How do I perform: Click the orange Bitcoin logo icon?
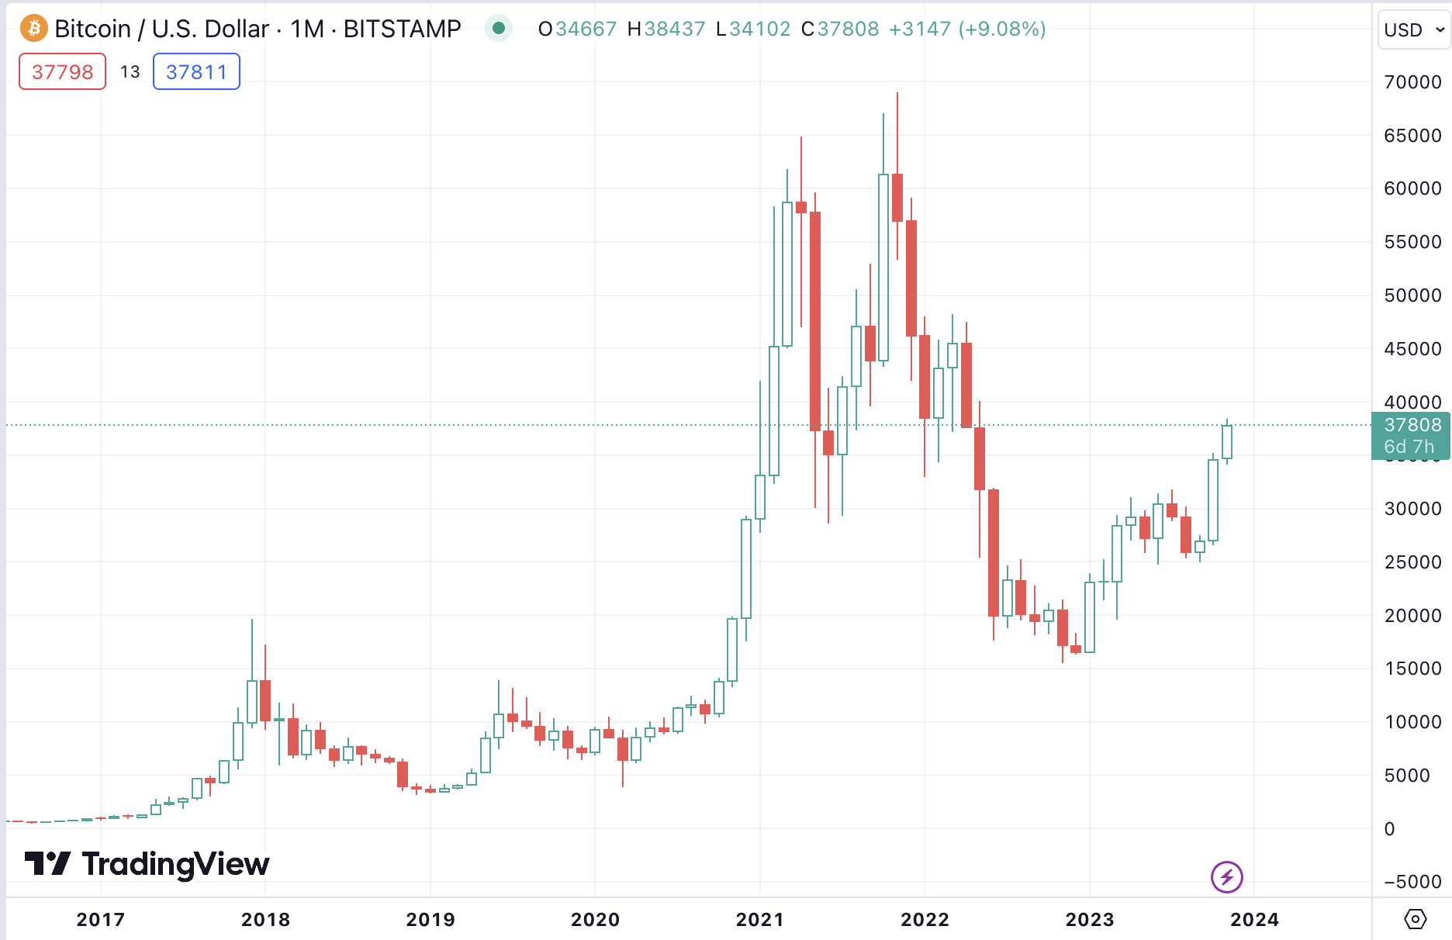[x=33, y=29]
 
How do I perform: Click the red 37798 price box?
[x=62, y=72]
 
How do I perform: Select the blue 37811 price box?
[x=196, y=72]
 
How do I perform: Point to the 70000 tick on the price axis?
[x=1412, y=82]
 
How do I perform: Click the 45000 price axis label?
[x=1412, y=349]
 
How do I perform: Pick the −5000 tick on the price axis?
[x=1412, y=882]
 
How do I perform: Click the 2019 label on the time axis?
[x=430, y=920]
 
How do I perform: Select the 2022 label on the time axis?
[x=925, y=920]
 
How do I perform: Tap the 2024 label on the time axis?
[x=1254, y=920]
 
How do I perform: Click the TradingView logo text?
[x=175, y=864]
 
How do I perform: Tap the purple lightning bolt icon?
[x=1226, y=877]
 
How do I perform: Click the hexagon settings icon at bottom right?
[x=1415, y=919]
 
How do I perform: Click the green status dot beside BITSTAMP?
[x=499, y=29]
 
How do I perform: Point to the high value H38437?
[x=666, y=29]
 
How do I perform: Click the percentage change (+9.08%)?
[x=1002, y=29]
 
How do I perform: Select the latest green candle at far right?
[x=1226, y=442]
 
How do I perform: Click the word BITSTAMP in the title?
[x=402, y=29]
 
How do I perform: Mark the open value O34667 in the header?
[x=578, y=29]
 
